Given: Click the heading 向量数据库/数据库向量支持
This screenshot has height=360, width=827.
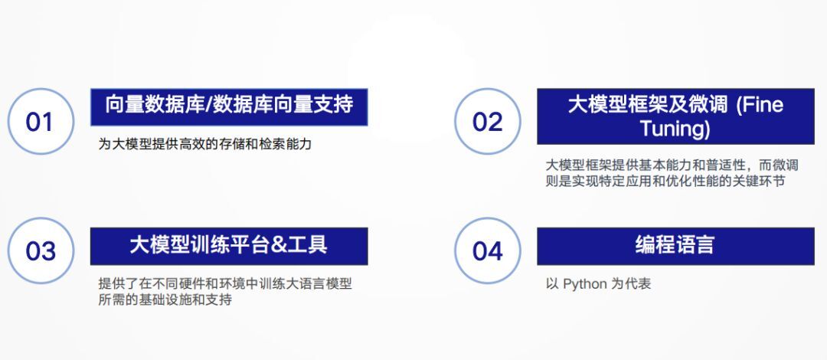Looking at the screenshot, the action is tap(229, 104).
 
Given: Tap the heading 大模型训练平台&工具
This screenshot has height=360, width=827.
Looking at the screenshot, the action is tap(229, 245).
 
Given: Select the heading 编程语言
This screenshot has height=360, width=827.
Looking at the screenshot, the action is tap(675, 245).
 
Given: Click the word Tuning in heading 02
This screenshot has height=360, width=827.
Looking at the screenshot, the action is tap(675, 128).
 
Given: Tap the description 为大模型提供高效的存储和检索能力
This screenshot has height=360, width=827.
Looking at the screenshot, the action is tap(205, 143).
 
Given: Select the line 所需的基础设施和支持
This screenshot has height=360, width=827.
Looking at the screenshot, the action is tap(165, 299).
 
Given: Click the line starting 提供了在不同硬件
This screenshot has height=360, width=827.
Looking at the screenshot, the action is tap(225, 284).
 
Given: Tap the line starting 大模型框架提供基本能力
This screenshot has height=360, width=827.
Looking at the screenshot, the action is tap(672, 165).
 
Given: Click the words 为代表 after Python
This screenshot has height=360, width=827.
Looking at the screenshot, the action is tap(631, 284).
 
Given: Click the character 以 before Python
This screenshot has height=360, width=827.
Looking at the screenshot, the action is tap(552, 284).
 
